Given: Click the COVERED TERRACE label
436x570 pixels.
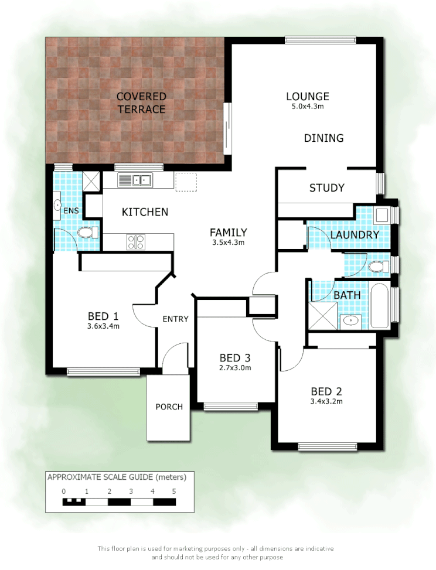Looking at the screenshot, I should pyautogui.click(x=141, y=103).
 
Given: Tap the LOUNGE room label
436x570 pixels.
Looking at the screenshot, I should pyautogui.click(x=307, y=97).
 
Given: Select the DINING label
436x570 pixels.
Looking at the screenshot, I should pyautogui.click(x=323, y=138).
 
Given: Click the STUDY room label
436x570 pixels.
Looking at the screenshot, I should pyautogui.click(x=326, y=188).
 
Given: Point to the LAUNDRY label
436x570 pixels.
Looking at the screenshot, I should pyautogui.click(x=355, y=235).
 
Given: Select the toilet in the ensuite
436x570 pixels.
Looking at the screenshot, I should pyautogui.click(x=87, y=233).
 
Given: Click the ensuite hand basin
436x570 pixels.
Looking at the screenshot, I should pyautogui.click(x=58, y=205).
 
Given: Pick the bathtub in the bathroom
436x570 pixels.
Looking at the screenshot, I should pyautogui.click(x=380, y=306).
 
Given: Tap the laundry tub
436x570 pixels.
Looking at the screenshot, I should pyautogui.click(x=383, y=214).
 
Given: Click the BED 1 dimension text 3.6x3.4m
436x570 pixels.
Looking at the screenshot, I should pyautogui.click(x=104, y=326).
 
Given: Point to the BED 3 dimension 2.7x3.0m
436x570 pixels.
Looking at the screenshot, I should pyautogui.click(x=235, y=368).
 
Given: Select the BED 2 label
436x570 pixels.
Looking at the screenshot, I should pyautogui.click(x=326, y=391).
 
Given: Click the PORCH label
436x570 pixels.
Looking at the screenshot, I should pyautogui.click(x=169, y=407).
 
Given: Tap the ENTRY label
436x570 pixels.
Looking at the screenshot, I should pyautogui.click(x=175, y=319).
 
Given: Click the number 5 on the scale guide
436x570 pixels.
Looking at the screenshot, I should pyautogui.click(x=174, y=492).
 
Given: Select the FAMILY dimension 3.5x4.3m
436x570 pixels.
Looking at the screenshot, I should pyautogui.click(x=228, y=242).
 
